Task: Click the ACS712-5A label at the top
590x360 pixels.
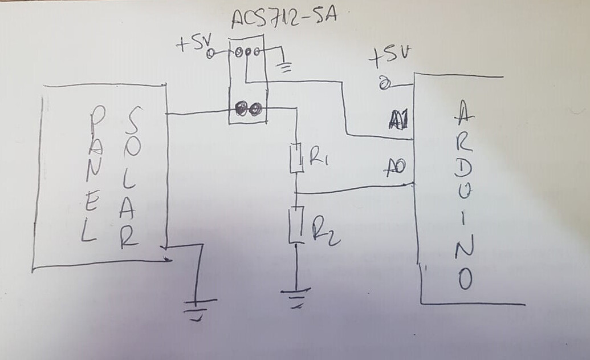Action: point(284,17)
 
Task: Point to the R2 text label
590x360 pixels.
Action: point(325,230)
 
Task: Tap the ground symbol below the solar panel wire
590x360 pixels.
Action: point(196,308)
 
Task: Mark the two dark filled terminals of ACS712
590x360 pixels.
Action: point(247,109)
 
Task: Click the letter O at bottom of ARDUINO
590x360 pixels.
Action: point(465,279)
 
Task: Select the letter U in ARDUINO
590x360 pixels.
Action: point(463,196)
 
